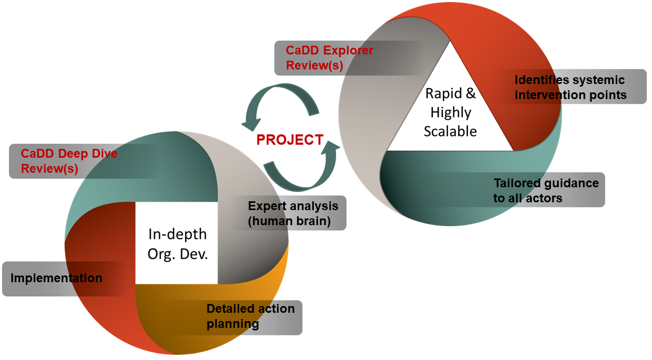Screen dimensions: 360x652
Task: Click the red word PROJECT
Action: click(290, 140)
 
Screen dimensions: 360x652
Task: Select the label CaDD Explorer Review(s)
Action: click(330, 58)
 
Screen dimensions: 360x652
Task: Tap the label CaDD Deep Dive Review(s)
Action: click(69, 161)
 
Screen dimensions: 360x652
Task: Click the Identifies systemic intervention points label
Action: click(571, 88)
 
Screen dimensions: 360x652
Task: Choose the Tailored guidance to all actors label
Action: click(546, 190)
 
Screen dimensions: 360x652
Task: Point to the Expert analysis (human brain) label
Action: click(293, 213)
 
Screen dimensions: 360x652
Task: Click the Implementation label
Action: click(57, 278)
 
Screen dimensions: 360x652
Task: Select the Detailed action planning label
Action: click(251, 316)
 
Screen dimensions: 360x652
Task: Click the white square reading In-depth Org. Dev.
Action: click(177, 243)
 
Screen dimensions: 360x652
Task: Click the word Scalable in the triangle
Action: click(450, 131)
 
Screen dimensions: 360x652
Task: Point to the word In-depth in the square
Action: click(177, 234)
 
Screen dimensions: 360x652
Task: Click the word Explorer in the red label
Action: click(348, 51)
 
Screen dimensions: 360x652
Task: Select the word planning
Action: click(232, 324)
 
